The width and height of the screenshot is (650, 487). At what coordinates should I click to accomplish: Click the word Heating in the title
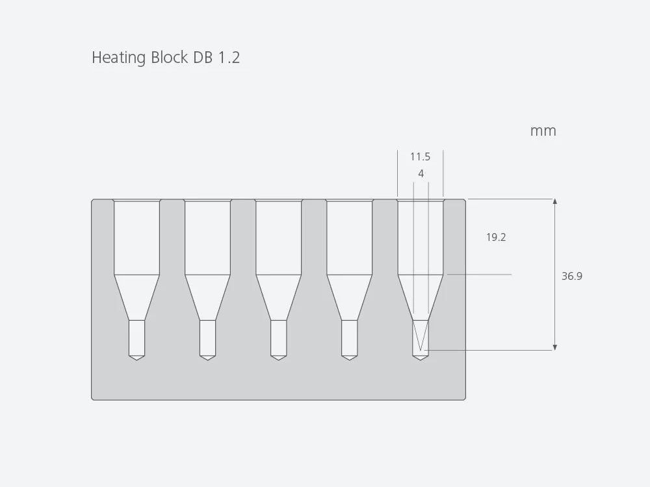pos(119,58)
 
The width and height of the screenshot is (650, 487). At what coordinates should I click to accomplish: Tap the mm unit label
pos(543,131)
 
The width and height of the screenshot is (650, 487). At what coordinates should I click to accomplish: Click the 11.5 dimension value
pos(420,157)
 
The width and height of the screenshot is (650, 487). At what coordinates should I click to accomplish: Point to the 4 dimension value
pos(421,174)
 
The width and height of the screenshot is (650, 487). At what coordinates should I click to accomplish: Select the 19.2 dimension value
pos(496,238)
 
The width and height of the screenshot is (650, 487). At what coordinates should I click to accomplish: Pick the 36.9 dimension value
pos(572,277)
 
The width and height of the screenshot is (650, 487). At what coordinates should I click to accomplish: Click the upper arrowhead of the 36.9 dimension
pos(554,202)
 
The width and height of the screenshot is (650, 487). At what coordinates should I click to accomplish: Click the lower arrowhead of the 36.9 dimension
pos(554,347)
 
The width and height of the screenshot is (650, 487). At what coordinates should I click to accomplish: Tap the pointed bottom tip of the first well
pos(136,358)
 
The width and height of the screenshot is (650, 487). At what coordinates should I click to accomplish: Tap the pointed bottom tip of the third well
pos(278,358)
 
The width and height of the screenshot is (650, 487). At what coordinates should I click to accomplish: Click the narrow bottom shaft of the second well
pos(207,337)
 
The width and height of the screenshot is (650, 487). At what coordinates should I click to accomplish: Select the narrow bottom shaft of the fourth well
pos(349,337)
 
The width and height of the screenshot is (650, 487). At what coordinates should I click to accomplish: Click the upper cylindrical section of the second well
pos(207,238)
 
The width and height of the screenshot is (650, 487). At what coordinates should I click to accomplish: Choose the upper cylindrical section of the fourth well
pos(349,238)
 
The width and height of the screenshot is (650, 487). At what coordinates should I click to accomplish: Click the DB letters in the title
pos(202,58)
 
